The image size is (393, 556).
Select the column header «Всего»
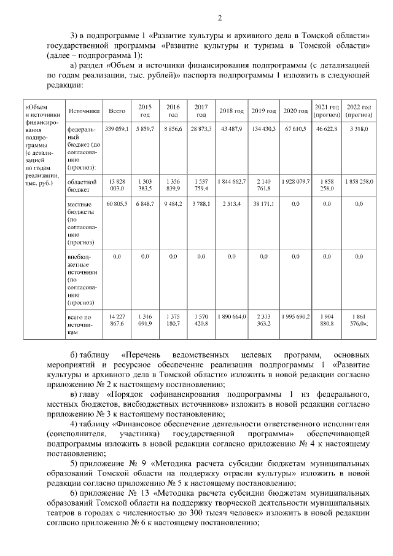[x=117, y=111]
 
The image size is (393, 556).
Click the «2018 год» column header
[x=232, y=111]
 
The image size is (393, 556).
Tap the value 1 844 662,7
[x=232, y=182]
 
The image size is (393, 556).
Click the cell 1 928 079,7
[x=296, y=182]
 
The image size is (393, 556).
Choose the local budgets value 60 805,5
[x=117, y=203]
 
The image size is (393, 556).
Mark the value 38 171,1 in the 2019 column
[x=264, y=203]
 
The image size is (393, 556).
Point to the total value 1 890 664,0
[x=232, y=315]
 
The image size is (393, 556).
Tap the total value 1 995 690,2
[x=296, y=315]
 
